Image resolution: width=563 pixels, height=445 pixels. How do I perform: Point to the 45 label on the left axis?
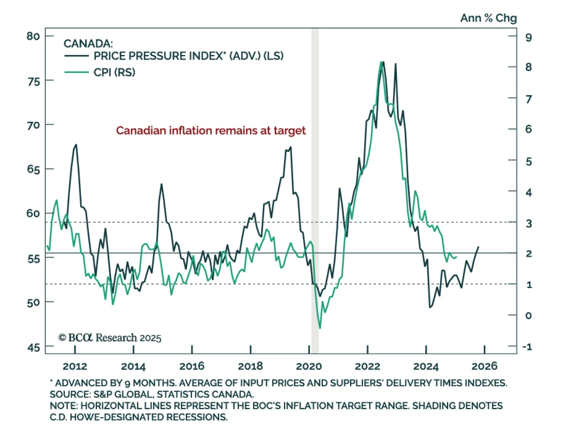click(x=33, y=348)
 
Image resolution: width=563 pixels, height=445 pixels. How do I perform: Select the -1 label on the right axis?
click(x=527, y=347)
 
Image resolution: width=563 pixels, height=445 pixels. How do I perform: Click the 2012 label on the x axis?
click(x=75, y=366)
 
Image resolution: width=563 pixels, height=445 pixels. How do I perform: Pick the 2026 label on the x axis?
click(x=485, y=366)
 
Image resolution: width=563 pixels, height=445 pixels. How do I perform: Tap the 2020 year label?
click(x=309, y=366)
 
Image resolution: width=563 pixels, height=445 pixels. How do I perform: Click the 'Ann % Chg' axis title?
click(x=488, y=18)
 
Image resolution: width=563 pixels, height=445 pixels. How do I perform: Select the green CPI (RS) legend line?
click(x=77, y=72)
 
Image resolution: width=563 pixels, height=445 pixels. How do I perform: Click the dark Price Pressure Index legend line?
click(x=77, y=56)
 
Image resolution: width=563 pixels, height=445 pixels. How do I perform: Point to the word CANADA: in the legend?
click(x=88, y=44)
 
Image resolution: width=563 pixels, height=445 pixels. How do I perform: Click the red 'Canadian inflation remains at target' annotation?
click(x=211, y=131)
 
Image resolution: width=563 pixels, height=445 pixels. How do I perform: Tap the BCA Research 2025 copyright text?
click(x=110, y=338)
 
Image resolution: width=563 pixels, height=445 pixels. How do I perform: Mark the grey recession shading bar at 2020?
click(x=315, y=190)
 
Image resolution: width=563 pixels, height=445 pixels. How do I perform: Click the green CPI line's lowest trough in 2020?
click(x=320, y=328)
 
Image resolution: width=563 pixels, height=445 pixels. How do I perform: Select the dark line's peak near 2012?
click(x=76, y=144)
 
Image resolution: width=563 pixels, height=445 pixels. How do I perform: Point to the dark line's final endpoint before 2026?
click(x=478, y=247)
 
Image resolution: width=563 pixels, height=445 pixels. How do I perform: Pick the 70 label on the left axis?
click(x=33, y=125)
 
